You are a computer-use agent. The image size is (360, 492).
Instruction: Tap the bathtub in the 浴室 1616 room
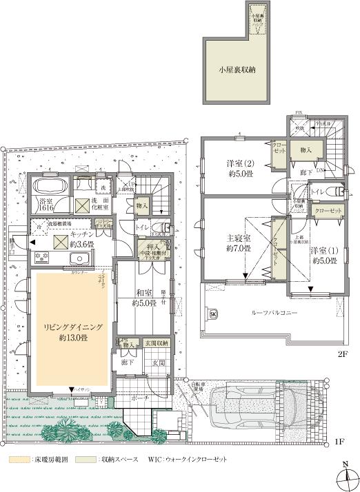tap(48, 186)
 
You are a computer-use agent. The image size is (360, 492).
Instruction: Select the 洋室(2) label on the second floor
tap(237, 163)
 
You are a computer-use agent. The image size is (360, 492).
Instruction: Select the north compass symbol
tap(344, 475)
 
